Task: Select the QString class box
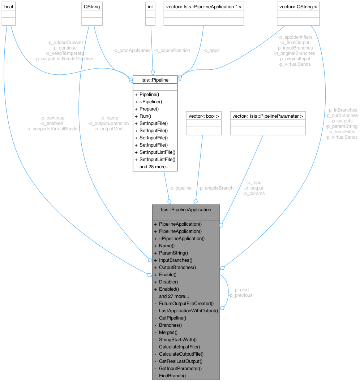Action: click(92, 14)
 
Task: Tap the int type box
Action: click(151, 14)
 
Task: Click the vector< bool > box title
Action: click(203, 116)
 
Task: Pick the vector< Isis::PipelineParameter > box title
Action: click(267, 116)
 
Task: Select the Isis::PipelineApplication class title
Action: click(186, 209)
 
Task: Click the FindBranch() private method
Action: click(172, 376)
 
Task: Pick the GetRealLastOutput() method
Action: click(181, 361)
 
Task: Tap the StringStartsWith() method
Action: click(178, 339)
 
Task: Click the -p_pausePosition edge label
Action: click(172, 51)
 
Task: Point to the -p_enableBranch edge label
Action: click(216, 188)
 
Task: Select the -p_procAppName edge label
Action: click(131, 51)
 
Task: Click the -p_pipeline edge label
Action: click(180, 188)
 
